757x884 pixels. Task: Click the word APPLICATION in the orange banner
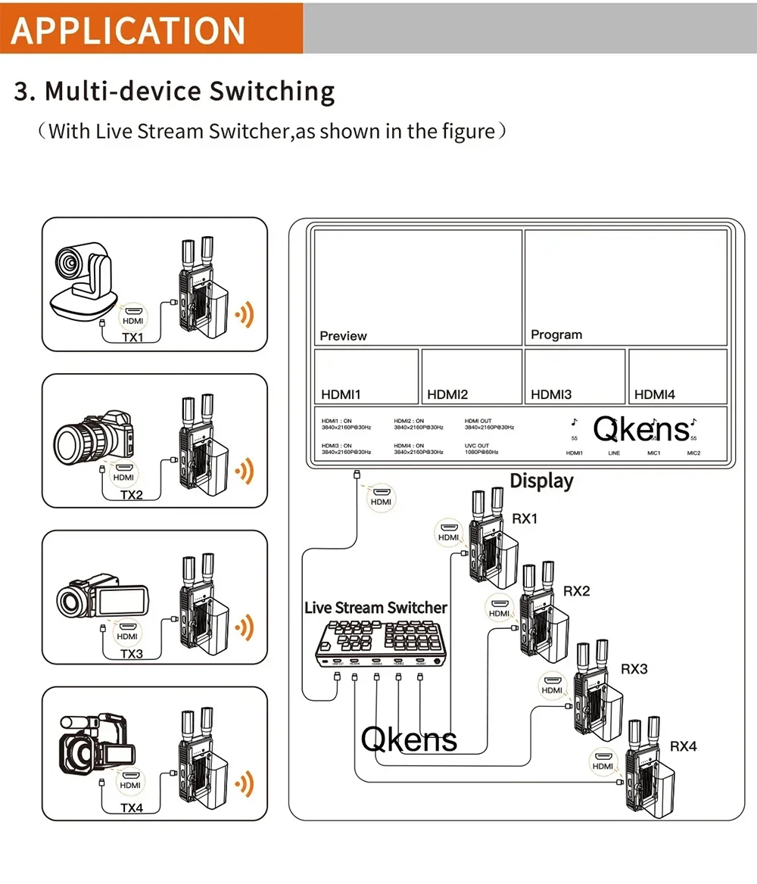(x=129, y=29)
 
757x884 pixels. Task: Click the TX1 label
(x=132, y=337)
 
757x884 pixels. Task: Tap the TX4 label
(x=131, y=808)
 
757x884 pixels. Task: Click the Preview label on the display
(x=343, y=336)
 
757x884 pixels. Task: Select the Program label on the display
(x=556, y=335)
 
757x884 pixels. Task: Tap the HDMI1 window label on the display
(x=341, y=394)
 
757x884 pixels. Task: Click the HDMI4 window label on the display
(x=654, y=394)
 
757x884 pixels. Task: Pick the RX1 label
(x=525, y=519)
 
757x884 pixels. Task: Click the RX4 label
(x=683, y=746)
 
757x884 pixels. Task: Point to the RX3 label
(x=634, y=669)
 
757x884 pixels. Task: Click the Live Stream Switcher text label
(x=375, y=608)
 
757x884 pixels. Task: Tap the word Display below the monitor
(x=541, y=481)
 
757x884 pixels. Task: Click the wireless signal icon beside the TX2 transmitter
(x=243, y=471)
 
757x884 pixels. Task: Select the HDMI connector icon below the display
(x=381, y=497)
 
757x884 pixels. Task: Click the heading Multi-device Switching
(x=175, y=92)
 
